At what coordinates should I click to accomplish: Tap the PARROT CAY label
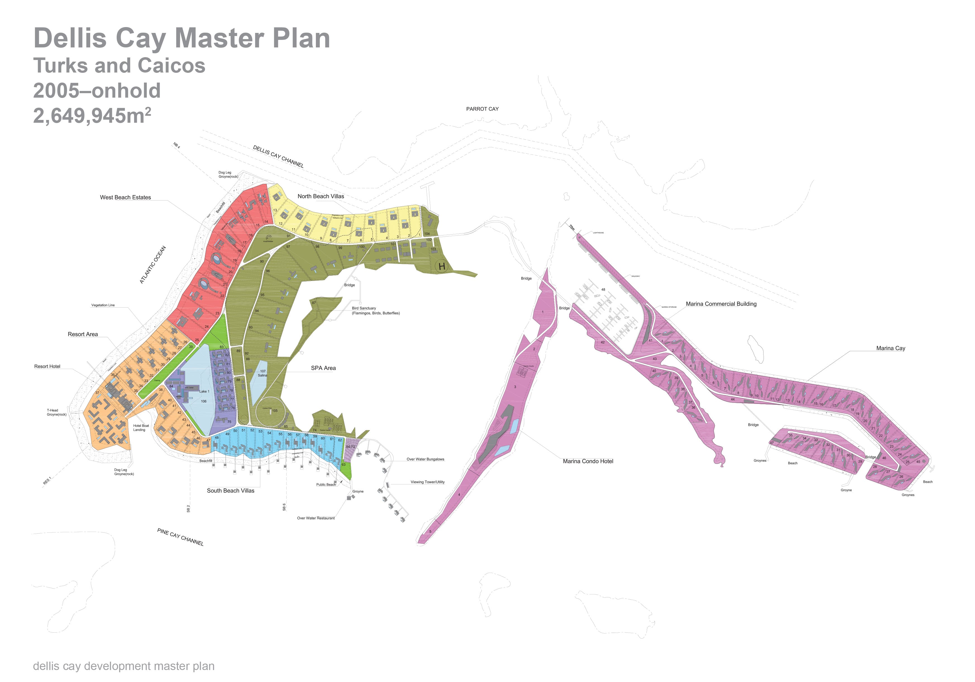click(482, 109)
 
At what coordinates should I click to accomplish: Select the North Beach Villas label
click(321, 196)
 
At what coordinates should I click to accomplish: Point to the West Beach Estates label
click(125, 198)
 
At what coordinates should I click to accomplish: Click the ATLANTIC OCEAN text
click(152, 265)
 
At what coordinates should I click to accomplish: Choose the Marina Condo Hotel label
click(588, 461)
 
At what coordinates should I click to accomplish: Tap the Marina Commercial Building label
click(721, 304)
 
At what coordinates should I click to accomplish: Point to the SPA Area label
click(323, 368)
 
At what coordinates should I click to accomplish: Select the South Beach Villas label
click(231, 491)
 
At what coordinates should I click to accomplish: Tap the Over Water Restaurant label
click(316, 518)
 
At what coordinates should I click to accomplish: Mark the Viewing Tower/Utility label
click(427, 482)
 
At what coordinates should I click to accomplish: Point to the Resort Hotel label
click(47, 367)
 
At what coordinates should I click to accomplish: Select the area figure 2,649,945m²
click(92, 115)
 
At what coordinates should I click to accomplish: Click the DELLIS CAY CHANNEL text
click(278, 156)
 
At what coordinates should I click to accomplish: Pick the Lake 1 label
click(204, 391)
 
